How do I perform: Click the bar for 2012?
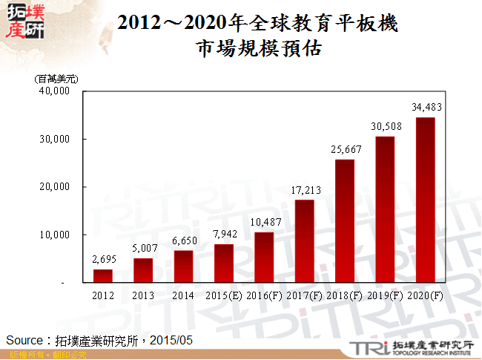[103, 275]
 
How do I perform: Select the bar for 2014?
[184, 266]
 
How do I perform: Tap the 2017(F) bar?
[305, 241]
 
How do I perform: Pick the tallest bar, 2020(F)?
[426, 200]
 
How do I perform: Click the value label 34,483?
[426, 108]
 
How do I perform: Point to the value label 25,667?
[345, 149]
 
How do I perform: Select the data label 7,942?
[224, 234]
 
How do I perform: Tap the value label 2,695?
[103, 259]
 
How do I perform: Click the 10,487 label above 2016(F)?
[265, 222]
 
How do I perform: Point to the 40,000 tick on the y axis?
[53, 91]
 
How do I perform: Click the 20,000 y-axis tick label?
[53, 187]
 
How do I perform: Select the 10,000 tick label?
[53, 235]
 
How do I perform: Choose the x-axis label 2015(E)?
[224, 296]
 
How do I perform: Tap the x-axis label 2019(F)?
[386, 296]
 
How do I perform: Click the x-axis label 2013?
[143, 296]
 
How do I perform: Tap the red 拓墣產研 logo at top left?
[23, 22]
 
